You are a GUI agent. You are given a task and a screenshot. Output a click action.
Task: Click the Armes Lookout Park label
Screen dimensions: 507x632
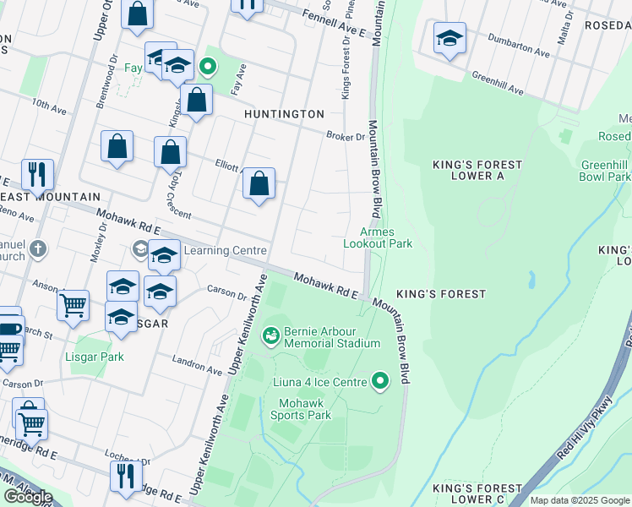click(377, 237)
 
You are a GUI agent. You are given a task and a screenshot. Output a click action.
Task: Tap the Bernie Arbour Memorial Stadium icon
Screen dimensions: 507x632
click(270, 337)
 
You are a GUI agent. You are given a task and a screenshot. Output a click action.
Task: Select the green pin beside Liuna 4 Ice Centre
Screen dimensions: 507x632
click(380, 383)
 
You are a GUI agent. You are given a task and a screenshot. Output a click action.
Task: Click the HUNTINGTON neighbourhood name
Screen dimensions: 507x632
click(284, 114)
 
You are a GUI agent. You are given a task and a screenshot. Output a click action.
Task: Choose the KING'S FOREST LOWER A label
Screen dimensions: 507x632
click(477, 170)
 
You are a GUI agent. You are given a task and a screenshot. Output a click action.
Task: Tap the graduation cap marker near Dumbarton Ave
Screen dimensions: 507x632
click(449, 39)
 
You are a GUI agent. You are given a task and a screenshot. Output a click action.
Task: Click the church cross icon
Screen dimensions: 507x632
click(36, 249)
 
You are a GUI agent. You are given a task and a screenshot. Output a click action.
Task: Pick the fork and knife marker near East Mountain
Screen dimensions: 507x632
click(37, 175)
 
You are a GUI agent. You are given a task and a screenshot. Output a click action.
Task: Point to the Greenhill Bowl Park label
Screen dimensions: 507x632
click(605, 171)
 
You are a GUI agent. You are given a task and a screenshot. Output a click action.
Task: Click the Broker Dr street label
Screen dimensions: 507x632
click(346, 136)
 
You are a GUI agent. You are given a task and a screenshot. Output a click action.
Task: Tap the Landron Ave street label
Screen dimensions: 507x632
click(198, 365)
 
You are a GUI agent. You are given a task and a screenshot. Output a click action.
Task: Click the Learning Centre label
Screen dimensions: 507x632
click(225, 250)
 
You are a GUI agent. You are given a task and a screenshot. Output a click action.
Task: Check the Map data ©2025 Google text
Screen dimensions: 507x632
click(579, 500)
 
